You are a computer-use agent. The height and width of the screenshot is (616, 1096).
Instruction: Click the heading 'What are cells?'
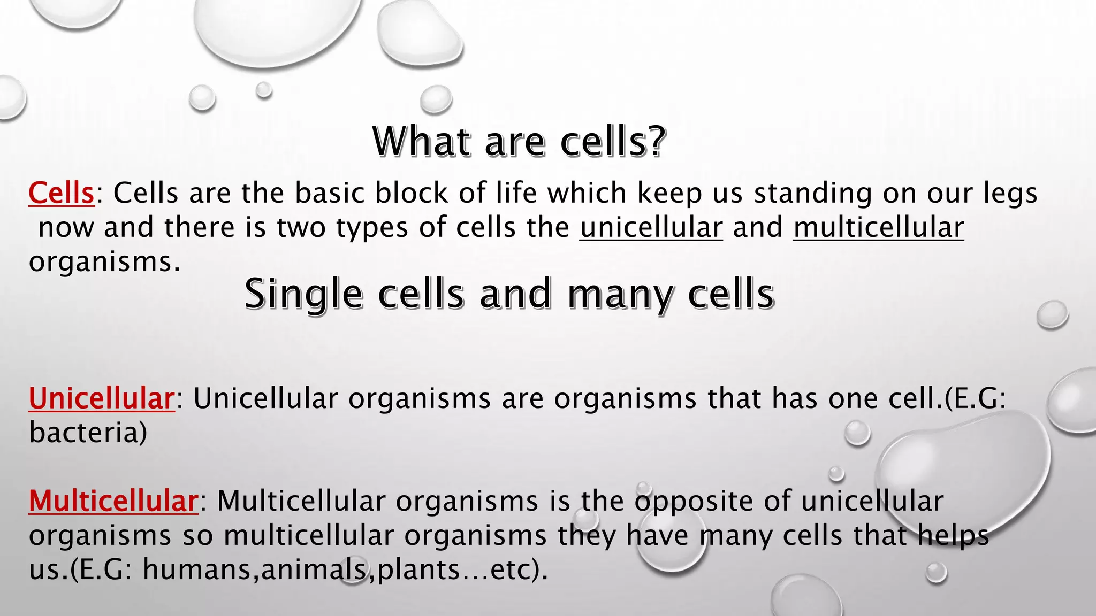click(519, 142)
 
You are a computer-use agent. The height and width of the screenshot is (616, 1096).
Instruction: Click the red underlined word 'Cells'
click(62, 193)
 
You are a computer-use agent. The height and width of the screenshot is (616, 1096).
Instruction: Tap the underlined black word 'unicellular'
click(651, 228)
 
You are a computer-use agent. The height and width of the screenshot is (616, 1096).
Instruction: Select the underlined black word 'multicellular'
click(878, 228)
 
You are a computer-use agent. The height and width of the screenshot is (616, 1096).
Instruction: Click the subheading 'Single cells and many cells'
click(509, 294)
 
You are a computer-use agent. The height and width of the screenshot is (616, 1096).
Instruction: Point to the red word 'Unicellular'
click(102, 399)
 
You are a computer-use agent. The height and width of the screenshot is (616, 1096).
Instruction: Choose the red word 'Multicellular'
click(113, 502)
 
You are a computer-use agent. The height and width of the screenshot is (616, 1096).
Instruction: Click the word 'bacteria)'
click(88, 433)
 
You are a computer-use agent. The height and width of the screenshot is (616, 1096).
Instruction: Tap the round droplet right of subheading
click(1052, 314)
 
